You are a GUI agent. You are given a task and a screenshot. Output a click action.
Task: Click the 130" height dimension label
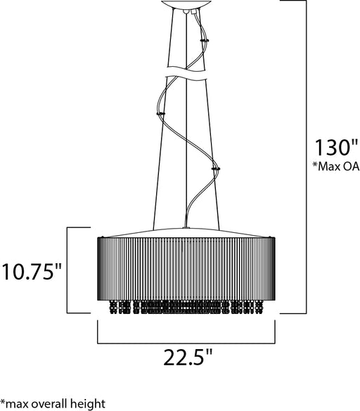tap(336, 148)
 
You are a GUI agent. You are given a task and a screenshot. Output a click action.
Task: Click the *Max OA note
tap(336, 166)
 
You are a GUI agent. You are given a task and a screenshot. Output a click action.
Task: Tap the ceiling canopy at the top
tap(186, 4)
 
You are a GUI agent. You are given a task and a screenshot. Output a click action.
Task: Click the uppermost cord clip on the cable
tap(204, 40)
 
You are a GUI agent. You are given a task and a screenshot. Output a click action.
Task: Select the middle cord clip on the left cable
tap(160, 114)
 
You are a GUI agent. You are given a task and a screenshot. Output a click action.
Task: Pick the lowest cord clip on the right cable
tap(215, 168)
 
